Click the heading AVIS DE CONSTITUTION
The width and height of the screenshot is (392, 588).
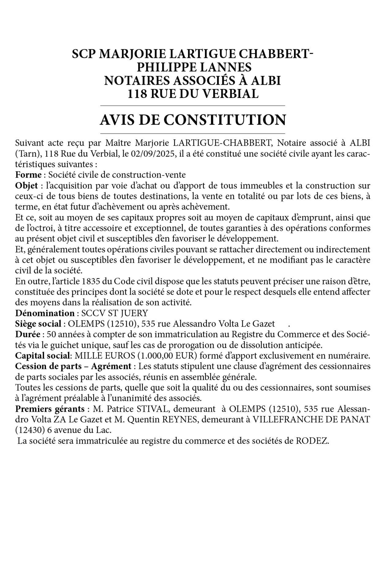click(193, 120)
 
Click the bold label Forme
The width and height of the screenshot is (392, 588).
click(28, 175)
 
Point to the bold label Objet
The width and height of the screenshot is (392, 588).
click(26, 185)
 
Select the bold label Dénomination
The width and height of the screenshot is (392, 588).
click(45, 313)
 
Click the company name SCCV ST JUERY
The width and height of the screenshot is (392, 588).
click(114, 313)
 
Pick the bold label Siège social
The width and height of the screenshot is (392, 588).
click(38, 324)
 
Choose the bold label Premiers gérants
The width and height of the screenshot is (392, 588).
click(50, 409)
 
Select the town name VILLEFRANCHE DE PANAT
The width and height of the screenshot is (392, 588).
click(311, 420)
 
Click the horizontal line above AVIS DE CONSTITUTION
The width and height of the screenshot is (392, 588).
click(193, 106)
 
